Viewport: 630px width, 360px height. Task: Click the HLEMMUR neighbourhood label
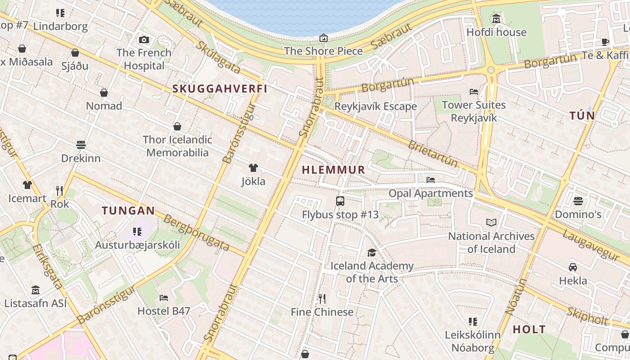(x=333, y=170)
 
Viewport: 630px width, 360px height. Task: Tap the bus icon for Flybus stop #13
(x=340, y=201)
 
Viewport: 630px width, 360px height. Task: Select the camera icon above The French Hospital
(x=144, y=40)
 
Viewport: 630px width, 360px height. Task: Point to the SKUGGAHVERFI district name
(x=220, y=89)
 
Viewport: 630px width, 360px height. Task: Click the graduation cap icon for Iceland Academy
(x=372, y=252)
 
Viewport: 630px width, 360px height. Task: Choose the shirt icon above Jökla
(x=253, y=168)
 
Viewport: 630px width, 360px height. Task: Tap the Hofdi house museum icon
(x=496, y=19)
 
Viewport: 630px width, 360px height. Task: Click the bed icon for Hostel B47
(x=164, y=297)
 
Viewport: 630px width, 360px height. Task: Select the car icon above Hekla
(x=573, y=267)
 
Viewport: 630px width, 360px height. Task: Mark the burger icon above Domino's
(x=578, y=201)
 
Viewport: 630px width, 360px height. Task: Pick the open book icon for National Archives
(x=491, y=222)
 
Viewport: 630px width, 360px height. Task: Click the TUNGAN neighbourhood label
(x=128, y=211)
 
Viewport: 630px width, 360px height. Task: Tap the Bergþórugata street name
(x=197, y=233)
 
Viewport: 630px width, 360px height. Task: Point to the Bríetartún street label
(x=432, y=153)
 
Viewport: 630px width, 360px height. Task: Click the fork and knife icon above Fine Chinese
(x=322, y=298)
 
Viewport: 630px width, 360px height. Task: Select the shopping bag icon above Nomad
(x=104, y=93)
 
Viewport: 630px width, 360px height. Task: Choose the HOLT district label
(x=529, y=329)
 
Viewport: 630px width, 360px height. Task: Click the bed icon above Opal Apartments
(x=431, y=180)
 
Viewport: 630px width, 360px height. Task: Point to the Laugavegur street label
(x=591, y=246)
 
